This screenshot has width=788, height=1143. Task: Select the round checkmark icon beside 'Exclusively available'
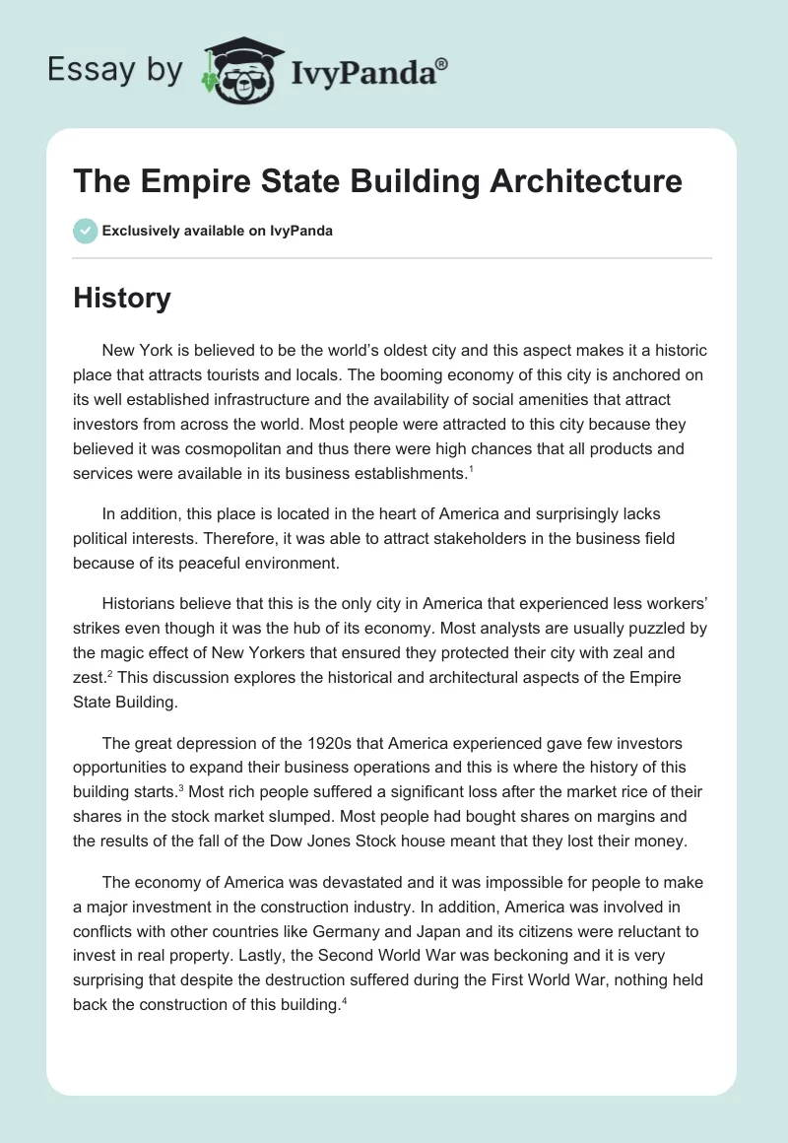click(x=85, y=231)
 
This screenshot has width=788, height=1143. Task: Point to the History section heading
click(x=122, y=298)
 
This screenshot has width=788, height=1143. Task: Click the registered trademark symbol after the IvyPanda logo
click(x=442, y=63)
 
